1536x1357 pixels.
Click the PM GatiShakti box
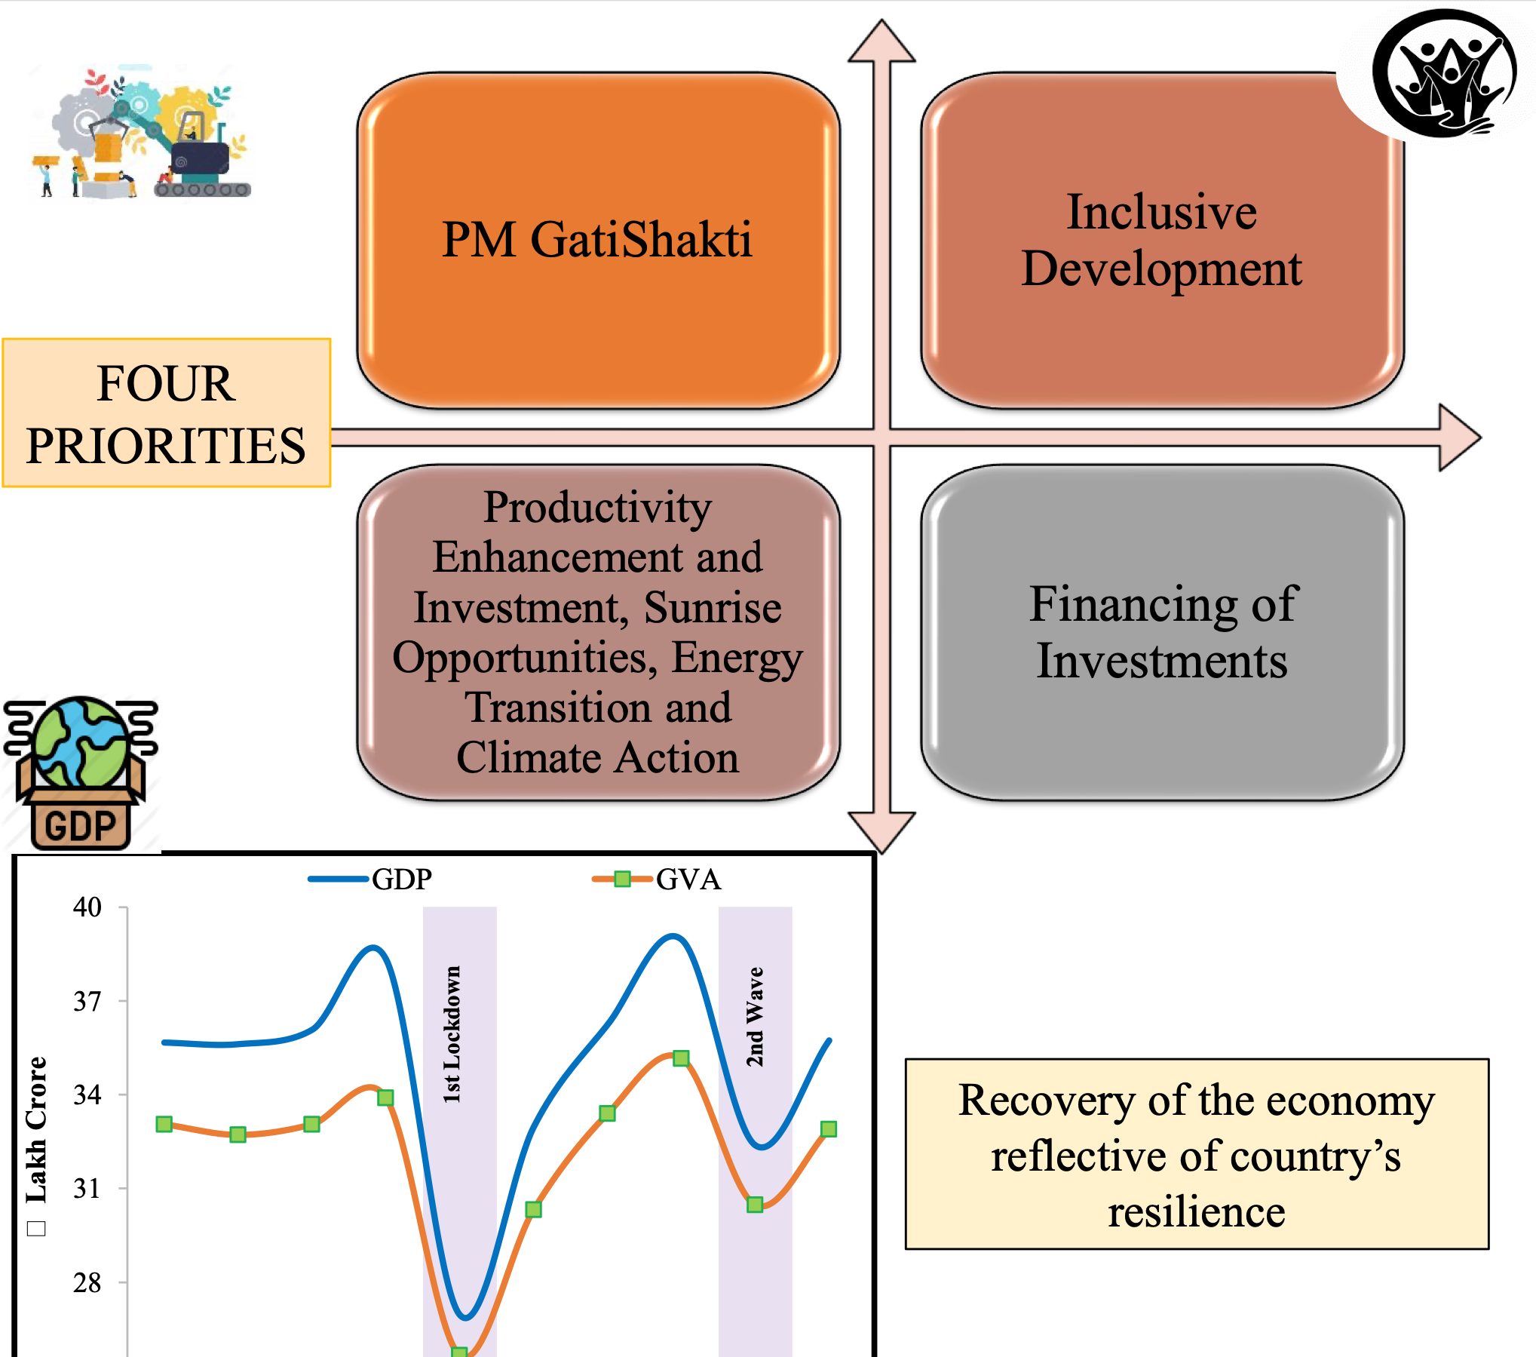click(x=598, y=240)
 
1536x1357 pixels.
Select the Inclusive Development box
click(x=1162, y=240)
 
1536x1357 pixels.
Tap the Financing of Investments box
click(x=1162, y=632)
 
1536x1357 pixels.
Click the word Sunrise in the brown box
click(x=713, y=607)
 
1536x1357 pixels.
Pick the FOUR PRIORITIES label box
click(x=167, y=413)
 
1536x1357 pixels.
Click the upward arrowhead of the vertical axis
click(x=881, y=41)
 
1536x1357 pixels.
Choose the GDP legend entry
click(x=370, y=879)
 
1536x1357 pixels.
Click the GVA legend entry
click(x=657, y=879)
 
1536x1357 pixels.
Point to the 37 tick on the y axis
click(x=87, y=1001)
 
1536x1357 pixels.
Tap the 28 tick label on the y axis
click(x=87, y=1282)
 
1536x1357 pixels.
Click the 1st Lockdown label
click(x=452, y=1034)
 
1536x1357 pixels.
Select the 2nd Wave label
click(x=755, y=1017)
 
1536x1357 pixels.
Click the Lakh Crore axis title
click(x=36, y=1129)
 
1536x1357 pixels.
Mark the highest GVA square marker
click(x=681, y=1058)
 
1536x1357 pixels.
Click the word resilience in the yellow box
click(x=1197, y=1212)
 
